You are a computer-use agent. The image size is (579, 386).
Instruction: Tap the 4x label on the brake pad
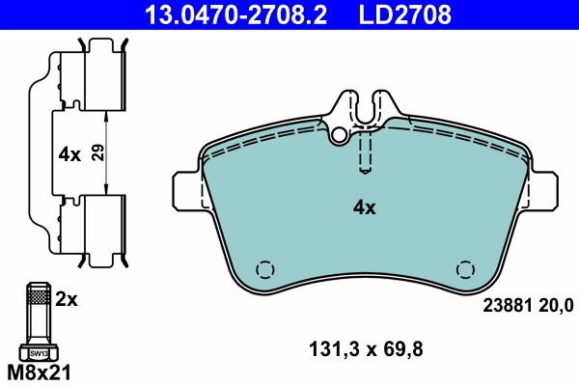364,207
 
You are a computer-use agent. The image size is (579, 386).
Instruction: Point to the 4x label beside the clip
69,153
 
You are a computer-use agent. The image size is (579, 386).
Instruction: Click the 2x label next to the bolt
66,300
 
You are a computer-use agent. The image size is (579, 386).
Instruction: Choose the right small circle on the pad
465,270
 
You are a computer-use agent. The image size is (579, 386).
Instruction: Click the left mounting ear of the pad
187,190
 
